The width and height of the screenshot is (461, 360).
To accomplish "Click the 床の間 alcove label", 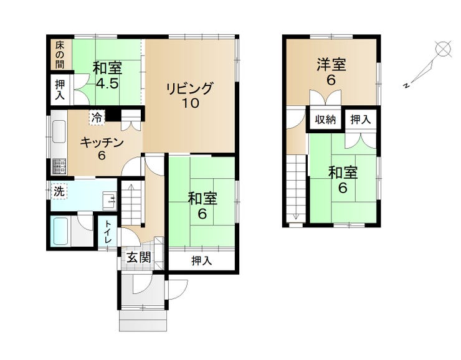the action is click(60, 54).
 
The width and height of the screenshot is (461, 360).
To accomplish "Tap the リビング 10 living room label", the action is click(189, 95).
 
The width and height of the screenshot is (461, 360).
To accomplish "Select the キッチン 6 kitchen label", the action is click(102, 149).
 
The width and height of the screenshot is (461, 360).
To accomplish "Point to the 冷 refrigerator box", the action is click(97, 118).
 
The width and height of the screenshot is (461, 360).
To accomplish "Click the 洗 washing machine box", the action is click(59, 192).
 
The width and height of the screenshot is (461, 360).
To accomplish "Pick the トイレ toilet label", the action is click(108, 232).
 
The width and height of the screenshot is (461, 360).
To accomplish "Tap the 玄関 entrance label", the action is click(139, 258).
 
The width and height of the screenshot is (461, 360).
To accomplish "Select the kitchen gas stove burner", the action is click(60, 167).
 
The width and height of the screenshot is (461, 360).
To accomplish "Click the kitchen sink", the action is click(59, 132).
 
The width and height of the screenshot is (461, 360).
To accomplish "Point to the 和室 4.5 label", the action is click(107, 76).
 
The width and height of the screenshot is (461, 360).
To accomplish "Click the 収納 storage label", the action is click(325, 120).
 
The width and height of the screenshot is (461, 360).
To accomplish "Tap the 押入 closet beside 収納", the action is click(361, 120).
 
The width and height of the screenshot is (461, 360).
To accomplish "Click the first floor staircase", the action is click(131, 203).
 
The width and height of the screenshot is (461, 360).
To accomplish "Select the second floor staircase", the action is click(296, 188).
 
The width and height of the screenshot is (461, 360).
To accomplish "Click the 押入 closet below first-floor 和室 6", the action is click(202, 260).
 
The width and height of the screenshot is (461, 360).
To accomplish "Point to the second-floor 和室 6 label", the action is click(343, 180).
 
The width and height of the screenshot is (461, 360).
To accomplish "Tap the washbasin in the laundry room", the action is click(110, 201).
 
